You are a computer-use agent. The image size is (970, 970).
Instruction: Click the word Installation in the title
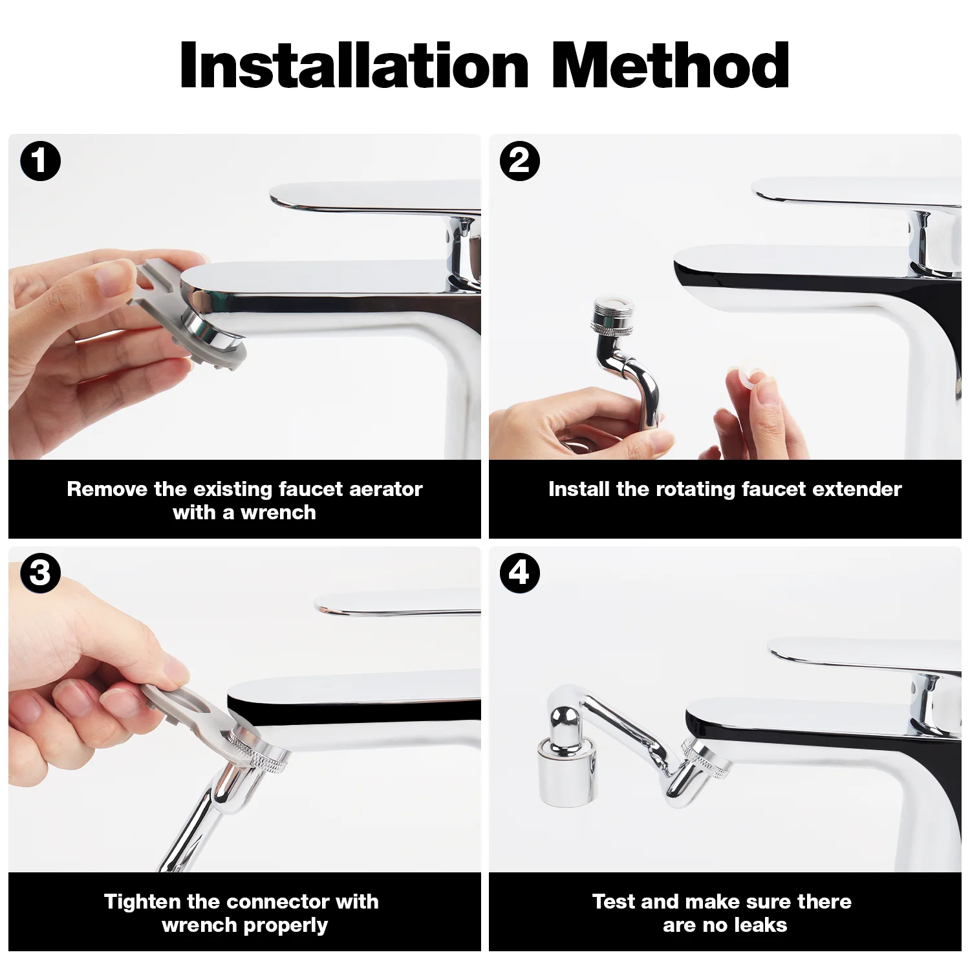coord(354,65)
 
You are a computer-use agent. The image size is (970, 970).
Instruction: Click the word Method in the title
coord(671,65)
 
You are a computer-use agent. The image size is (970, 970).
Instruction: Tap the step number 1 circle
coord(40,161)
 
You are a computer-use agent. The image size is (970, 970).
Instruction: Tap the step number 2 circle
coord(519,161)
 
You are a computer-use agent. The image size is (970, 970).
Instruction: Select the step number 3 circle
coord(40,573)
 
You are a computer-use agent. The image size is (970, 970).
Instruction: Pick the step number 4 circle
coord(519,573)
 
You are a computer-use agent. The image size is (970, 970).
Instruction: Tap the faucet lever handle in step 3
coord(398,604)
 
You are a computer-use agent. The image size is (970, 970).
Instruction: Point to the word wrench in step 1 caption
coord(279,513)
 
